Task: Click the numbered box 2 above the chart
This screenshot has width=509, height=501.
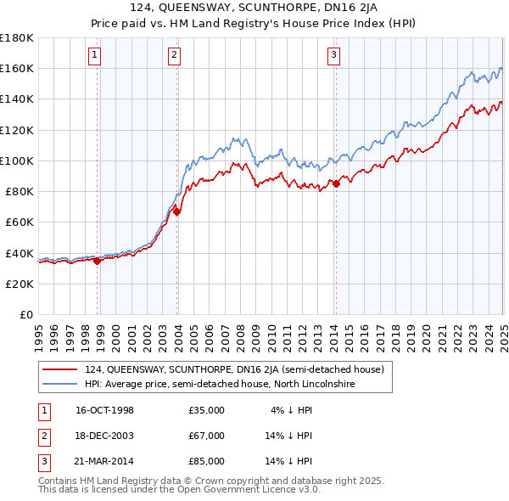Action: coord(173,56)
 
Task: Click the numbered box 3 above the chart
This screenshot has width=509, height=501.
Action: coord(333,56)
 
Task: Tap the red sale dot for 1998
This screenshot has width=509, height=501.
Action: coord(97,261)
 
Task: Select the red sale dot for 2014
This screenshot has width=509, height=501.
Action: coord(336,183)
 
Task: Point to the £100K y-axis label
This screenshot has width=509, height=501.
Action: coord(17,160)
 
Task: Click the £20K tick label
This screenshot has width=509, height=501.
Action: coord(20,284)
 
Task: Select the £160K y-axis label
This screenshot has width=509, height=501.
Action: coord(17,68)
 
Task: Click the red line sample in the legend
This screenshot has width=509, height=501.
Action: coord(60,369)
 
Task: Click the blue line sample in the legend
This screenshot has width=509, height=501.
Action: coord(60,384)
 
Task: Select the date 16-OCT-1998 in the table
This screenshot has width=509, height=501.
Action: coord(104,410)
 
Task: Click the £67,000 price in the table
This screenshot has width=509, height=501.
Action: coord(207,436)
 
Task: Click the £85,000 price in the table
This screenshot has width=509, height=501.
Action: coord(207,461)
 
